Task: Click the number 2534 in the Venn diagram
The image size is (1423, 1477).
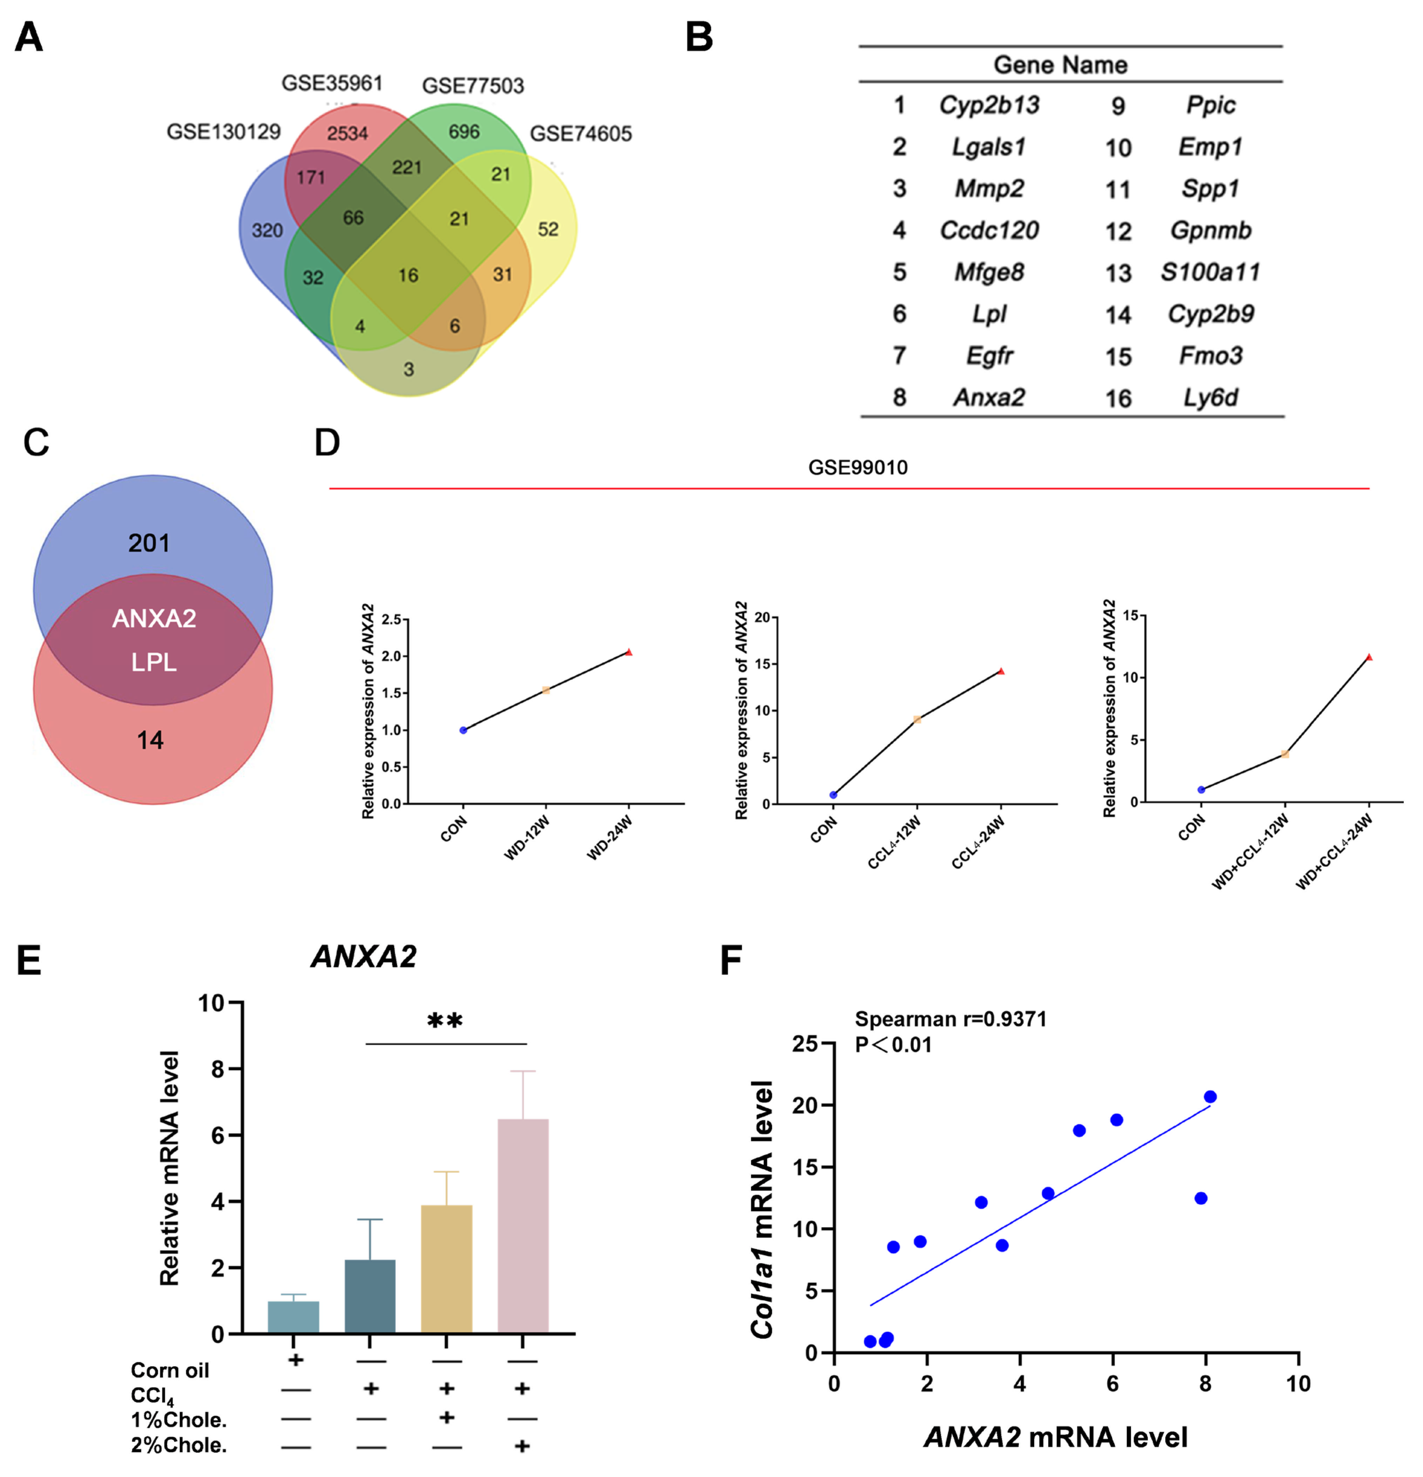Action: click(347, 133)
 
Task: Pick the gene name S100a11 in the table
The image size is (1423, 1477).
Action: click(1210, 272)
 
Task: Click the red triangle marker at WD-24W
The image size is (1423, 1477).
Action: click(629, 652)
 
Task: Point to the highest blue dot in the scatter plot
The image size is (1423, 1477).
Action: click(1210, 1096)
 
